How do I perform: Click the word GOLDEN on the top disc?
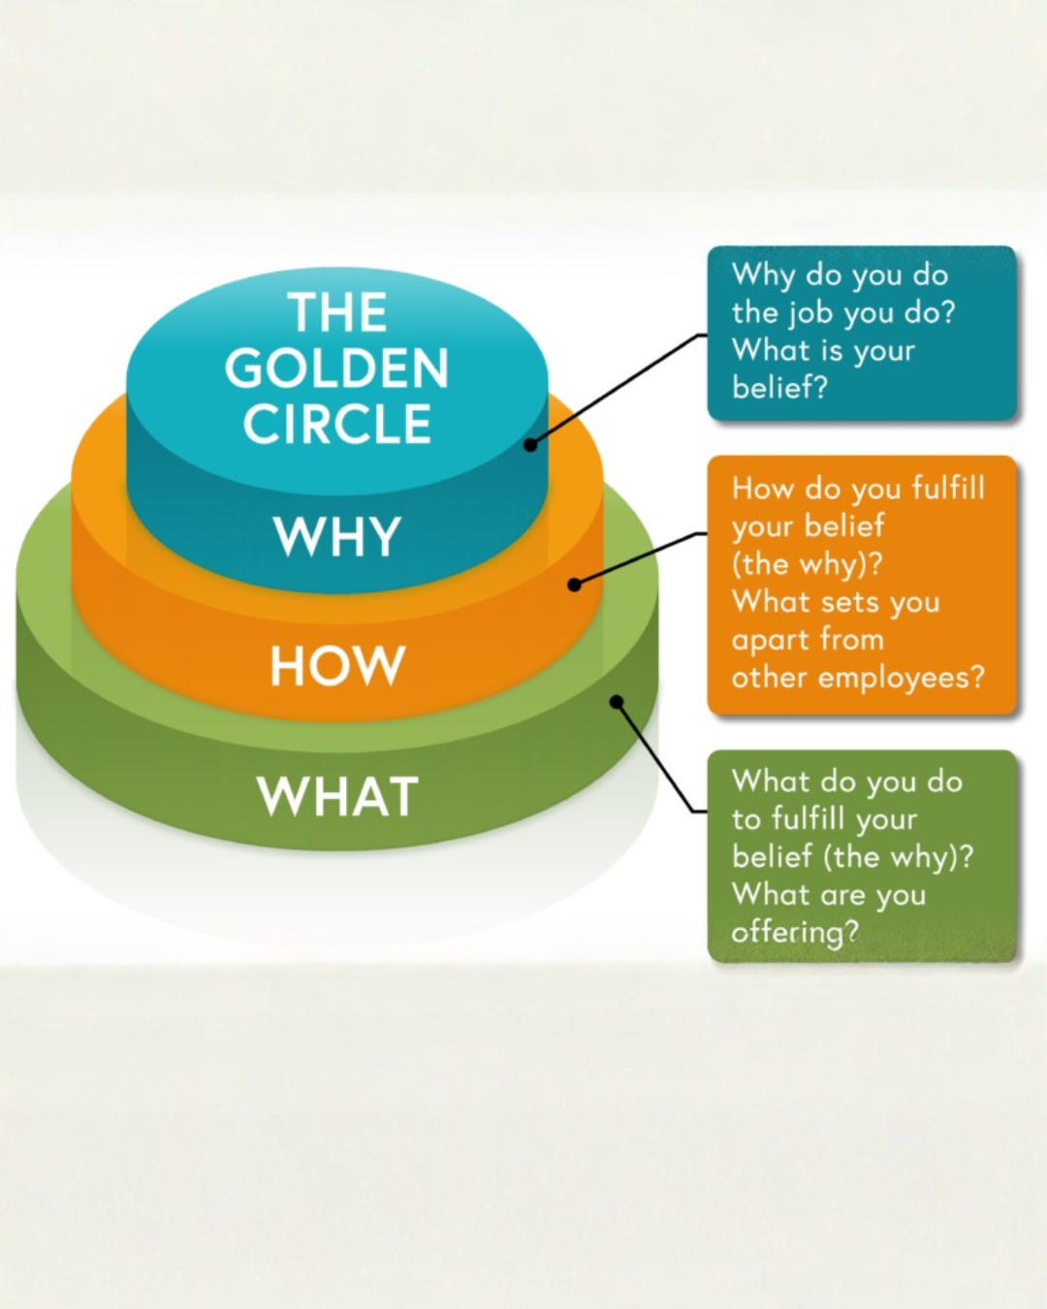pyautogui.click(x=336, y=368)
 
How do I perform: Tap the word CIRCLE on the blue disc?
pyautogui.click(x=337, y=424)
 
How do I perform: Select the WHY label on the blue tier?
pyautogui.click(x=337, y=536)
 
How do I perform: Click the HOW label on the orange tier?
pyautogui.click(x=337, y=666)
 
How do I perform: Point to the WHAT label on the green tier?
pyautogui.click(x=337, y=796)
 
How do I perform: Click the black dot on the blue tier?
pyautogui.click(x=530, y=445)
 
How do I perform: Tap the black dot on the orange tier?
pyautogui.click(x=574, y=585)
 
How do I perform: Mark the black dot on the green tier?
pyautogui.click(x=617, y=703)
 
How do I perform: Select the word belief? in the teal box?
pyautogui.click(x=780, y=387)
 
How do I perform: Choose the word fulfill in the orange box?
pyautogui.click(x=948, y=489)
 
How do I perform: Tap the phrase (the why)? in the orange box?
pyautogui.click(x=807, y=565)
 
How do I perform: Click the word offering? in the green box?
pyautogui.click(x=795, y=933)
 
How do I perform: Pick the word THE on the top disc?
pyautogui.click(x=337, y=312)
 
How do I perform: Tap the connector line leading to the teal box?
pyautogui.click(x=618, y=389)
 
